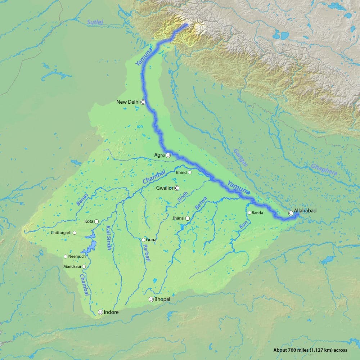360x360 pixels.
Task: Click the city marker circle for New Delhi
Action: coord(143,102)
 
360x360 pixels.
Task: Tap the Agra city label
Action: coord(159,155)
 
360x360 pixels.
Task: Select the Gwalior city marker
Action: coord(177,188)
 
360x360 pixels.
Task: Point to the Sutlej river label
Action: coord(95,22)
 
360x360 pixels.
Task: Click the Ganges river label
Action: coord(240,157)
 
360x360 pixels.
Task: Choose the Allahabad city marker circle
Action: coord(291,213)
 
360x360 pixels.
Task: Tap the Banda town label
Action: coord(257,213)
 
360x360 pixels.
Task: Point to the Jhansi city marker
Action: coord(188,218)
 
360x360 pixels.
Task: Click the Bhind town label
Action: coord(181,172)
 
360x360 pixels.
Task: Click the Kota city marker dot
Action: coord(96,221)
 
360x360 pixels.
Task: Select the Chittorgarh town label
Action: coord(61,233)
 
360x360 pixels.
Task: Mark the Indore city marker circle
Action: coord(100,312)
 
